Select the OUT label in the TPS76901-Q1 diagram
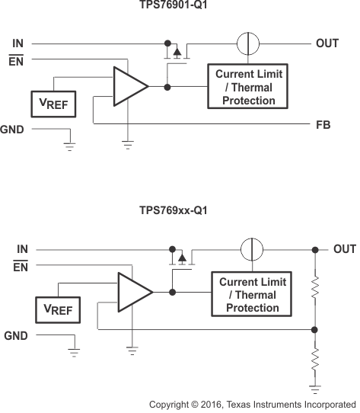327,43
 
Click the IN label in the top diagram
18,43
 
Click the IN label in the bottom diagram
22,249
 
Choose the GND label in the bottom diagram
16,335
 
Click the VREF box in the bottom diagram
58,309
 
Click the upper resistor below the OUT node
316,290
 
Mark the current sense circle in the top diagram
244,43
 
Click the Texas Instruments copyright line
252,404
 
